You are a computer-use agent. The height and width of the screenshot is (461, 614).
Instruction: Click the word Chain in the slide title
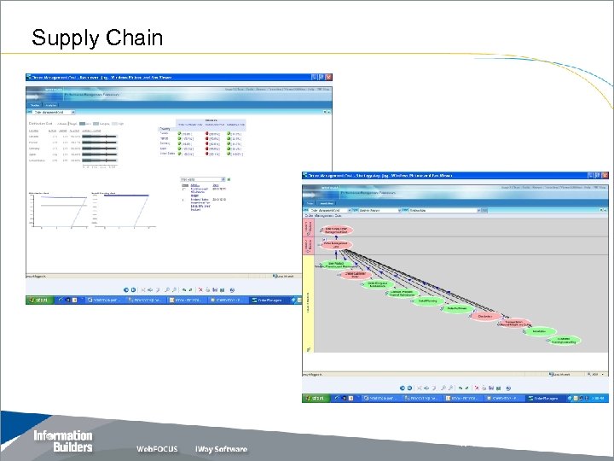[x=131, y=38]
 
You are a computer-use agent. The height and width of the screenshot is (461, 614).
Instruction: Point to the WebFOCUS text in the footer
[x=160, y=448]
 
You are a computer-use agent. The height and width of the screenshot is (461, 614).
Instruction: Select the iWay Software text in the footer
[x=221, y=448]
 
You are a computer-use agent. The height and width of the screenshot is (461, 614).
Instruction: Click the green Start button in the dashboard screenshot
[x=38, y=301]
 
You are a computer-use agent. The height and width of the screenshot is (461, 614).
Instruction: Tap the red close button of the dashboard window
[x=328, y=77]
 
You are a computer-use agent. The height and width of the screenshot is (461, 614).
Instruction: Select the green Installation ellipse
[x=538, y=331]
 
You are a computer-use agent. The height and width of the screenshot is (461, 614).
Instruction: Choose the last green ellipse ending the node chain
[x=564, y=340]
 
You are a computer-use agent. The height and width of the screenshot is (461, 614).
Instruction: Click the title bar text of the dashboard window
[x=128, y=77]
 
